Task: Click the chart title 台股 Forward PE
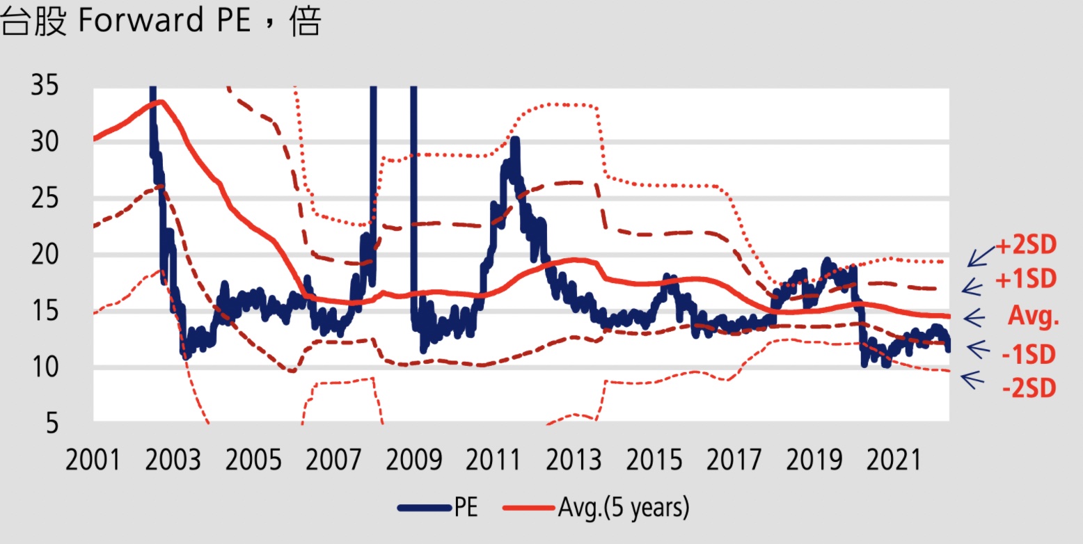pyautogui.click(x=161, y=23)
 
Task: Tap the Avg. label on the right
pyautogui.click(x=1034, y=317)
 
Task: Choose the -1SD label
pyautogui.click(x=1029, y=355)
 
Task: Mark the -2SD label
pyautogui.click(x=1029, y=387)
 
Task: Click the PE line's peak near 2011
pyautogui.click(x=514, y=140)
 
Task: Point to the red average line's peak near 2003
pyautogui.click(x=160, y=102)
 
